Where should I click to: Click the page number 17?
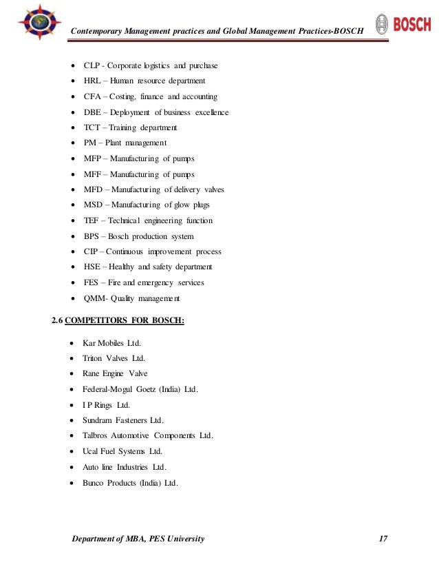383,537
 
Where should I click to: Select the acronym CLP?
92,65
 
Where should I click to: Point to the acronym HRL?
93,81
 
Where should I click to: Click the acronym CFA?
93,96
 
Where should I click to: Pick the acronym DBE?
93,112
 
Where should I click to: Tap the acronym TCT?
93,127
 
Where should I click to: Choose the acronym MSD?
94,205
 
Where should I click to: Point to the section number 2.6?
58,320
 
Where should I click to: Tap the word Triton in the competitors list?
92,358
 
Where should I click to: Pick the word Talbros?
96,435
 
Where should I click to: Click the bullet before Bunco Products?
73,483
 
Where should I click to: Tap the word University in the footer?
178,537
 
